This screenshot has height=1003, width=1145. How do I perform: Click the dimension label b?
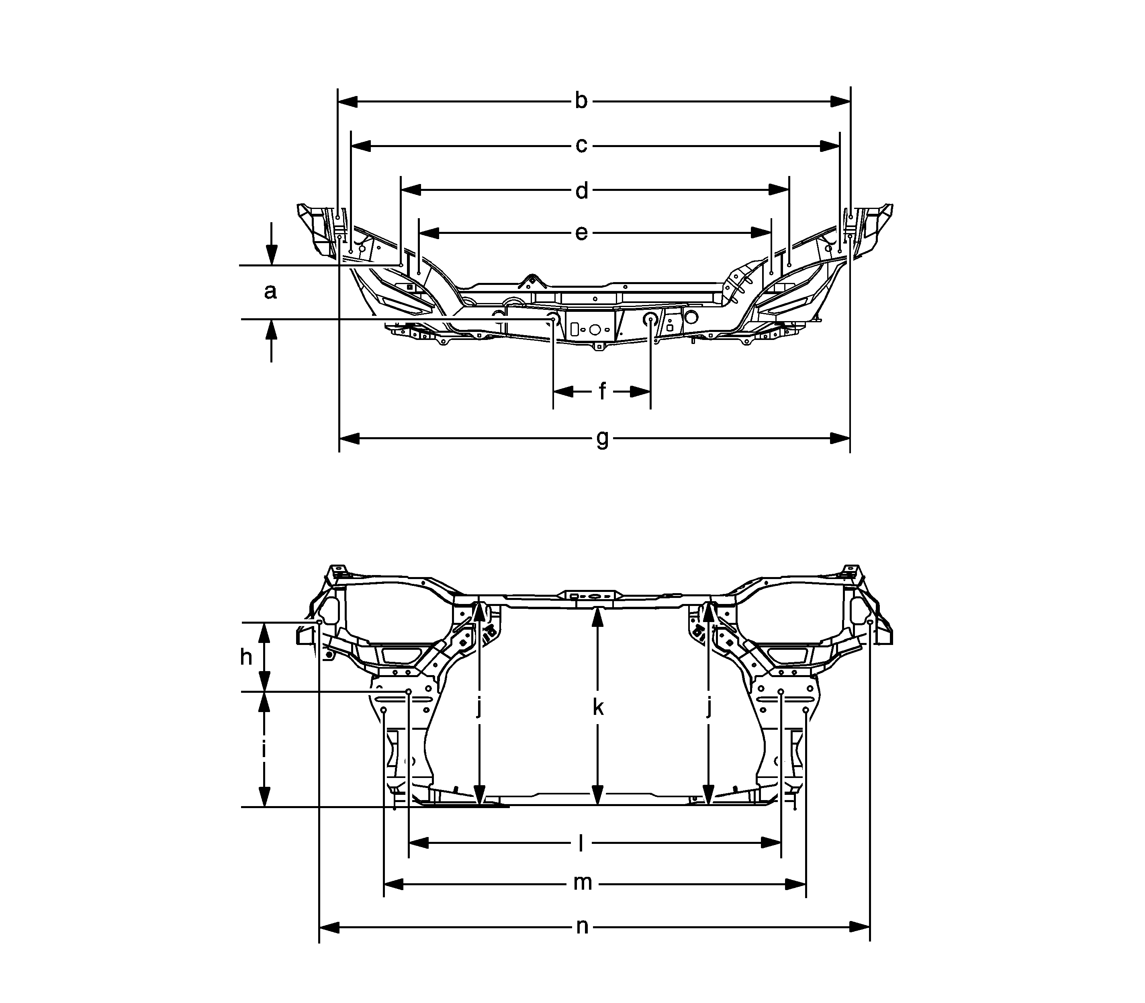coord(581,101)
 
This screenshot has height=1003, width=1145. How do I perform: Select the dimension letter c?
coord(581,145)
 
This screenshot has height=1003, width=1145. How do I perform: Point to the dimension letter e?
coord(581,233)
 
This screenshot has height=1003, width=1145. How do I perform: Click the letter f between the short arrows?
coord(602,391)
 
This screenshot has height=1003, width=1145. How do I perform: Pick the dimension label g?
coord(602,439)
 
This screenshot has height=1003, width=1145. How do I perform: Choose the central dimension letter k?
coord(598,708)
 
